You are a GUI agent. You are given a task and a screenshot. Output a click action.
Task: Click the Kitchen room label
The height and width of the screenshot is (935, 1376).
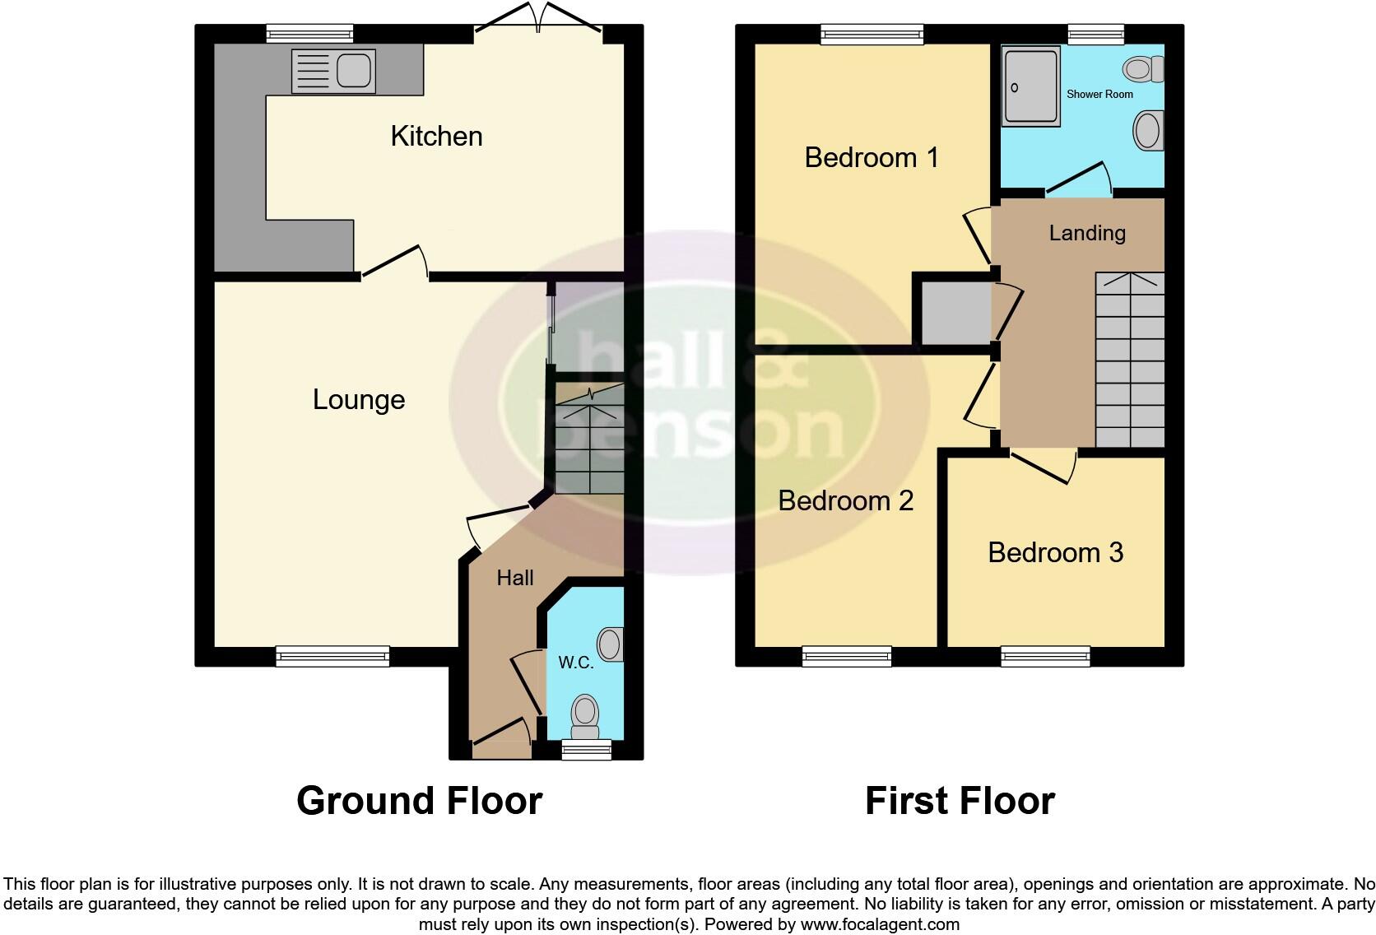[x=436, y=136]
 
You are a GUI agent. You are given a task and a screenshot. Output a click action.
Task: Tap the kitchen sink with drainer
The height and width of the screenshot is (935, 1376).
[x=332, y=71]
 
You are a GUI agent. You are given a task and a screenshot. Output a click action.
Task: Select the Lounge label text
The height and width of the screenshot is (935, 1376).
[x=359, y=400]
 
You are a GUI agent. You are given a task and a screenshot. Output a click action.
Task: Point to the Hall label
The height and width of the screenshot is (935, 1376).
[x=515, y=578]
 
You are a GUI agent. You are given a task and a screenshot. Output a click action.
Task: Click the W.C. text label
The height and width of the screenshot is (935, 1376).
[x=576, y=663]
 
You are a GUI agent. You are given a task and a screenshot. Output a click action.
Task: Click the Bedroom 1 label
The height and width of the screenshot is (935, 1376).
[x=872, y=157]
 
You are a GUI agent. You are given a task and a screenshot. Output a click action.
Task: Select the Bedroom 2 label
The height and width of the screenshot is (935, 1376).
[x=846, y=500]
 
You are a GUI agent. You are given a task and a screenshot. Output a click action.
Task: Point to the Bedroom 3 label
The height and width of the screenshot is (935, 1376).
[x=1055, y=552]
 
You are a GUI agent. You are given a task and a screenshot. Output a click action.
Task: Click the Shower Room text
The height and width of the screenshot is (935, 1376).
[x=1099, y=95]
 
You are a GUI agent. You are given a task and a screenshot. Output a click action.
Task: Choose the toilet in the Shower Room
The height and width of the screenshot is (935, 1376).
[x=1145, y=69]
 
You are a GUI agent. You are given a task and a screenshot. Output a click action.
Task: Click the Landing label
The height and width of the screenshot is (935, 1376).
[x=1087, y=233]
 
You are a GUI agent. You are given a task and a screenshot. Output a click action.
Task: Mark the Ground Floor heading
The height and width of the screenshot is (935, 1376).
[x=419, y=801]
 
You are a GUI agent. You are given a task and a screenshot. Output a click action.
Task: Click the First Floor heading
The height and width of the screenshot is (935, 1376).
[x=960, y=801]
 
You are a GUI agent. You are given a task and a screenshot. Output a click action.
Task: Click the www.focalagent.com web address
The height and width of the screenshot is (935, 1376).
[x=880, y=924]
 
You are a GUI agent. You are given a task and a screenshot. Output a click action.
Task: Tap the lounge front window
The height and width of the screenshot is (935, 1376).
[x=332, y=656]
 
